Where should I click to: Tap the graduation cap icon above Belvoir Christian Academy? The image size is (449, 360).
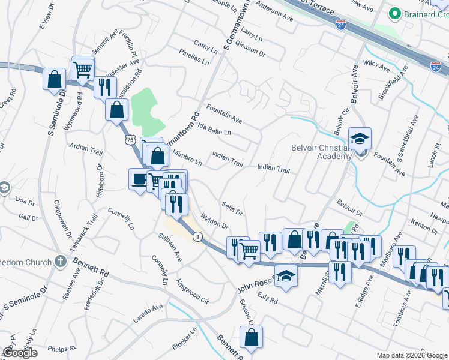(x=360, y=139)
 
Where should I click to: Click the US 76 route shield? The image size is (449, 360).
(x=131, y=139)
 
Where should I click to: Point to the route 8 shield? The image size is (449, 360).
(x=197, y=237)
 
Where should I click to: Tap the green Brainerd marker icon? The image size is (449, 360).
(x=394, y=13)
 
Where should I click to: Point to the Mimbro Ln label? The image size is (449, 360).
(x=187, y=157)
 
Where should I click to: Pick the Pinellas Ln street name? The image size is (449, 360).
(x=194, y=58)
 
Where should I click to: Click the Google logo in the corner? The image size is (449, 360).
(x=20, y=353)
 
